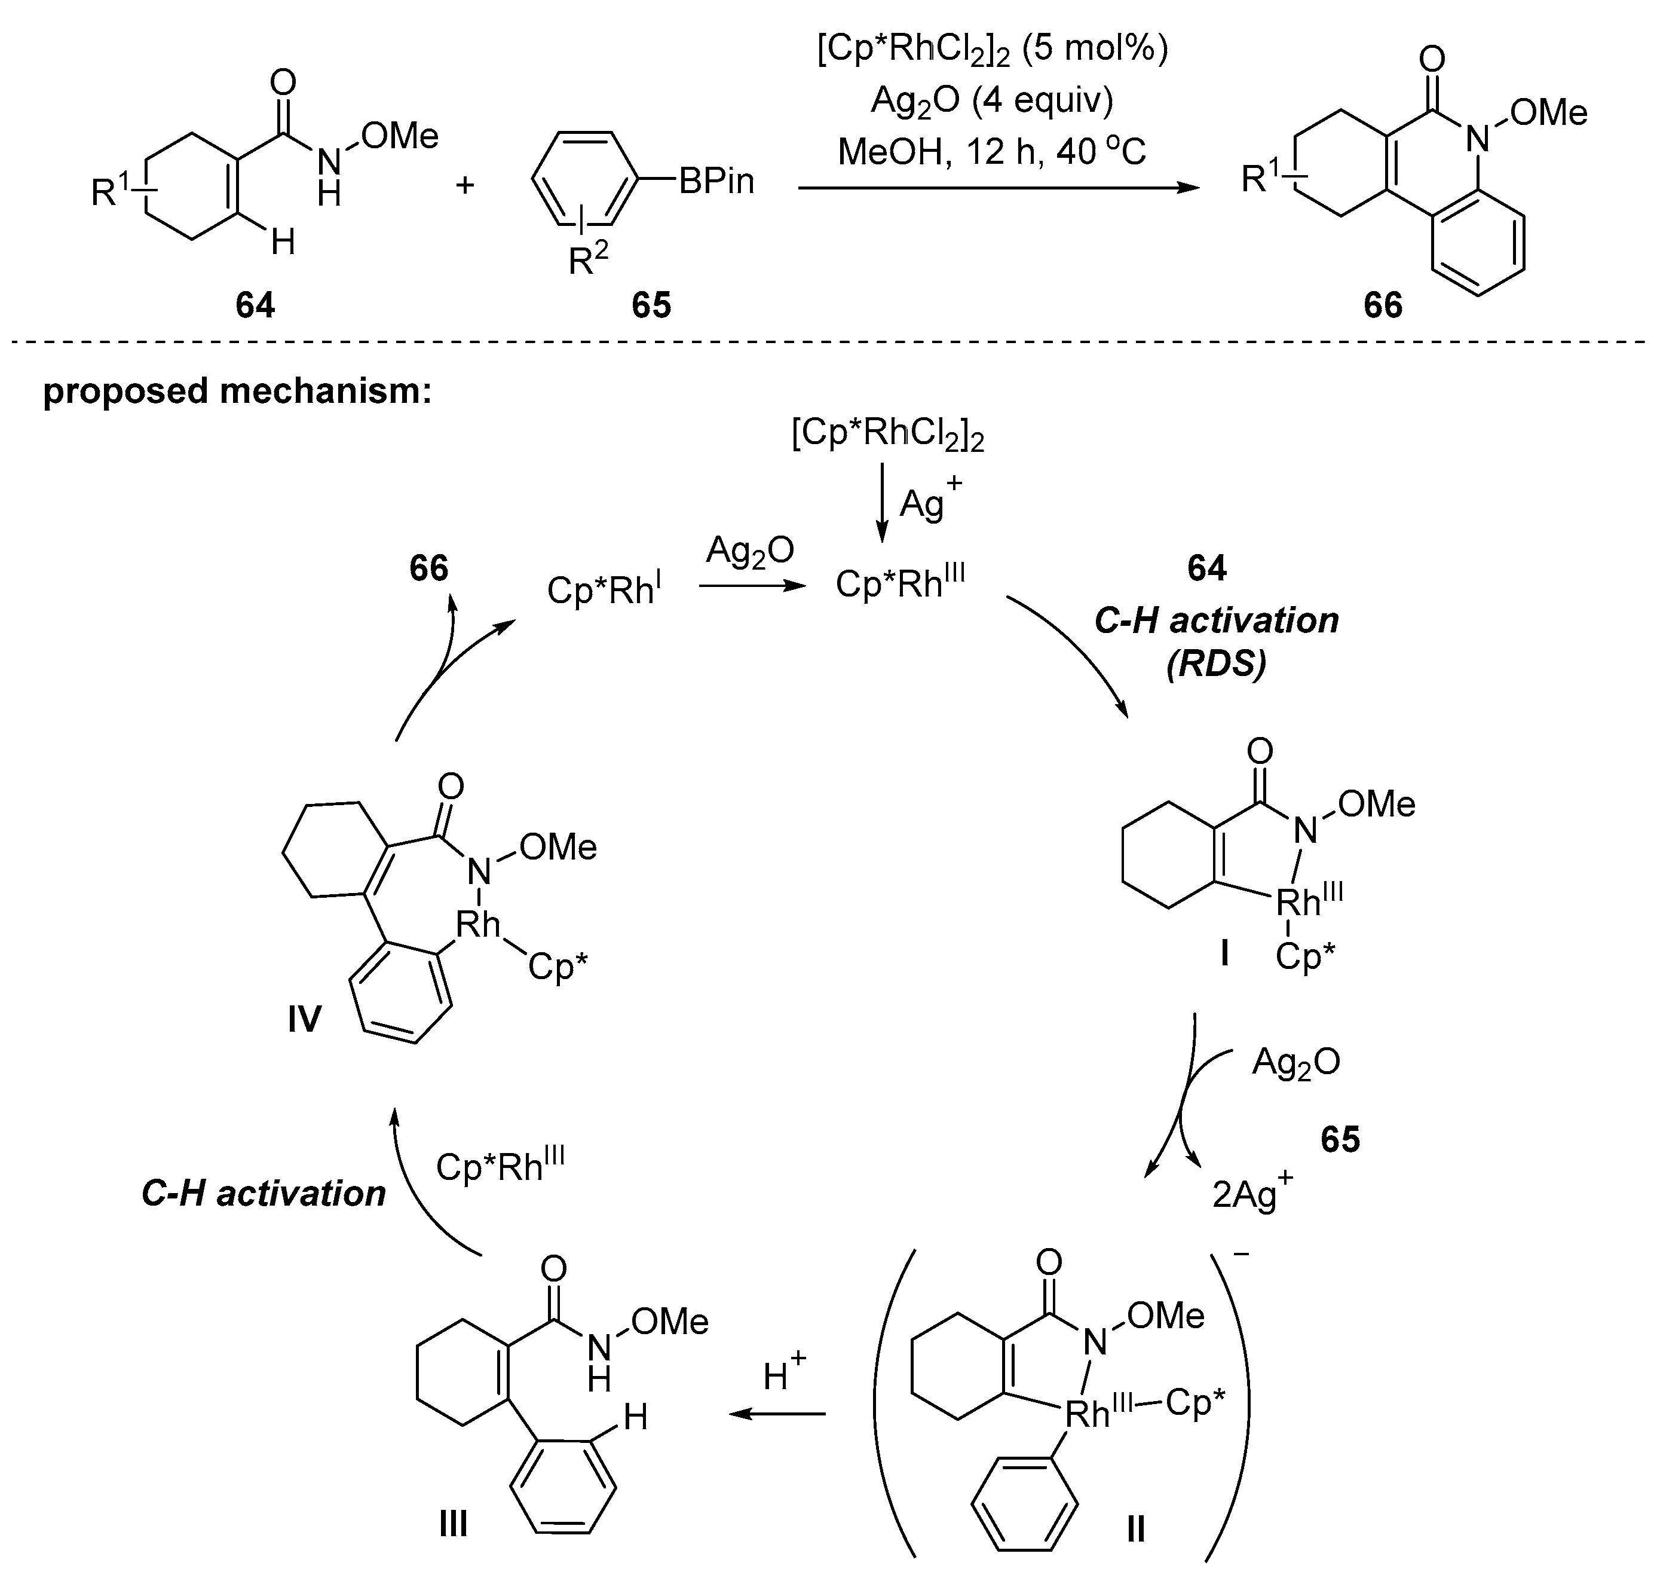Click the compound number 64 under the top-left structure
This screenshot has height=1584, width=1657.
[255, 305]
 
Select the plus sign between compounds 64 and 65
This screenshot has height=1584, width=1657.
[465, 184]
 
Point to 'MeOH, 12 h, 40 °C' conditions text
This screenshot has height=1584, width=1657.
[992, 152]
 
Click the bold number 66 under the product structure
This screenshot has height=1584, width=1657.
[1383, 305]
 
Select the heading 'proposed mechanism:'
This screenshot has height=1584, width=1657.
[237, 392]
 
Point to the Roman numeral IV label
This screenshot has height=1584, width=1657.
[304, 1020]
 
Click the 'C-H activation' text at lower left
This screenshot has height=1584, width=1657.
[264, 1193]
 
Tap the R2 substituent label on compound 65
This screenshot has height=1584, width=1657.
[589, 260]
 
